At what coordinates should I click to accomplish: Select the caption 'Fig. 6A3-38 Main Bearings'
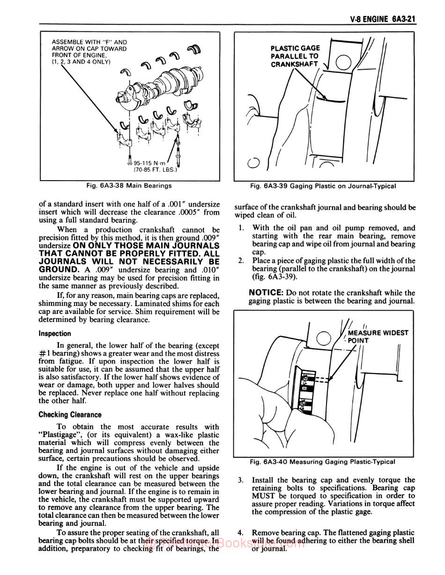[x=129, y=186]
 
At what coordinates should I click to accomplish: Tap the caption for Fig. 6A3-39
[x=323, y=186]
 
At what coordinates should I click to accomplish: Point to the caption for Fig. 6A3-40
[x=322, y=462]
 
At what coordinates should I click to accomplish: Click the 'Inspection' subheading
[x=55, y=334]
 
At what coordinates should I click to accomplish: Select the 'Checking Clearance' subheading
[x=70, y=415]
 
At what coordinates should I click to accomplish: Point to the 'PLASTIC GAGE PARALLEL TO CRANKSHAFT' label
[x=295, y=56]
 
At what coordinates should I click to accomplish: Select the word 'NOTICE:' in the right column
[x=265, y=292]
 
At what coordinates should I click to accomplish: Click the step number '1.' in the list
[x=241, y=228]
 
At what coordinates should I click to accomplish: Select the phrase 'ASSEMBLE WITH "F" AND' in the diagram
[x=89, y=42]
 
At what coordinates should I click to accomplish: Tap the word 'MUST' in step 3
[x=263, y=496]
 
